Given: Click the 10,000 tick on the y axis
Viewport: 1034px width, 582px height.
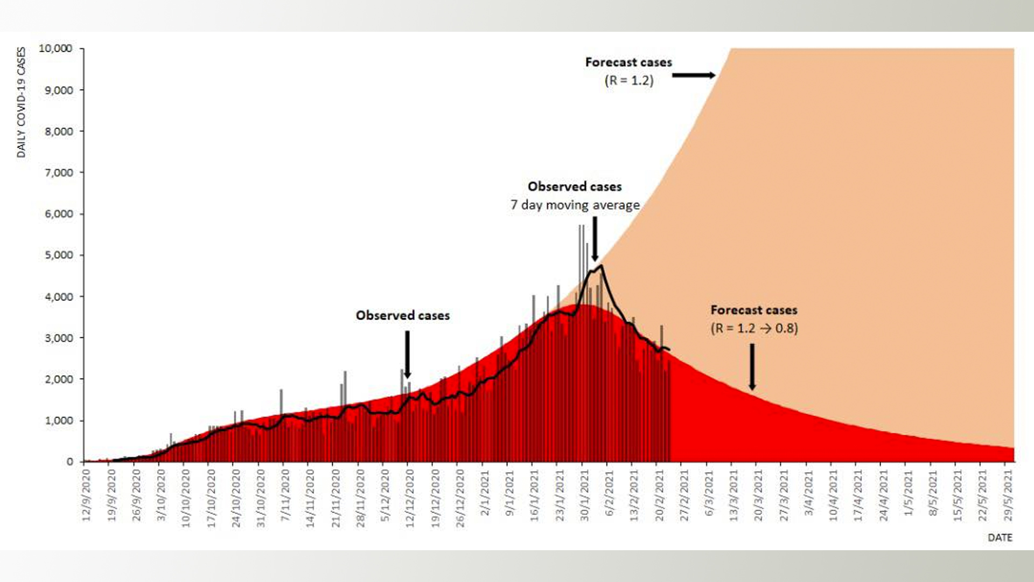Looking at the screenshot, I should coord(55,48).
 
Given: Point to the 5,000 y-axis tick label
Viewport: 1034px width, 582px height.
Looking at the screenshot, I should coord(59,255).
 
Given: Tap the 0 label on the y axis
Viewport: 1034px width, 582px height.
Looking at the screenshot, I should coord(70,462).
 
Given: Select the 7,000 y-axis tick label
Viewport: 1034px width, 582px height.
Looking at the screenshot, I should coord(59,172).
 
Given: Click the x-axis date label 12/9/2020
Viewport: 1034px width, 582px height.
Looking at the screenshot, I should coord(87,495).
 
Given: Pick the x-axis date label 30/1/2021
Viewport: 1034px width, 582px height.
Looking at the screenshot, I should coord(584,495).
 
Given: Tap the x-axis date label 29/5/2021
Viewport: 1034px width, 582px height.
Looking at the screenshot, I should coord(1008,495).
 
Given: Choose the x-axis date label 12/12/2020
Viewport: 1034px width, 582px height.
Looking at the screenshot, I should coord(410,497).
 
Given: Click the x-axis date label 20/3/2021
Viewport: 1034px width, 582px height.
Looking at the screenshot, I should coord(758,495).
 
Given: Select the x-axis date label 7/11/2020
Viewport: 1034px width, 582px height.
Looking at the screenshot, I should coord(285,495).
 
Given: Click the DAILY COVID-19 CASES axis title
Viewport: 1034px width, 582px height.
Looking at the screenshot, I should coord(22,102).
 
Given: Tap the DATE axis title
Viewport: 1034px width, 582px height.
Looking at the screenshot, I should coord(1000,538).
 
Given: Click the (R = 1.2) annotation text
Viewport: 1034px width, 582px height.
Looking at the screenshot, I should coord(628,81).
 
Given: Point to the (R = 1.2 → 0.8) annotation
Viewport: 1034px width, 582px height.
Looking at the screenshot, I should coord(754,328).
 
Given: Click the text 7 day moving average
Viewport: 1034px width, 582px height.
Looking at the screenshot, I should coord(575,205).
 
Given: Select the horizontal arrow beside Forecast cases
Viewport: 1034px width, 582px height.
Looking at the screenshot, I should coord(694,75).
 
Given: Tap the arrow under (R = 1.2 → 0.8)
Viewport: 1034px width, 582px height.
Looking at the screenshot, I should coord(752,366).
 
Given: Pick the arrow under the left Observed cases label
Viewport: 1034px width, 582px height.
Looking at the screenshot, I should coord(407,355).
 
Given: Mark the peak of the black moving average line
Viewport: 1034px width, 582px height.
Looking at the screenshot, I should coord(600,265).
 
